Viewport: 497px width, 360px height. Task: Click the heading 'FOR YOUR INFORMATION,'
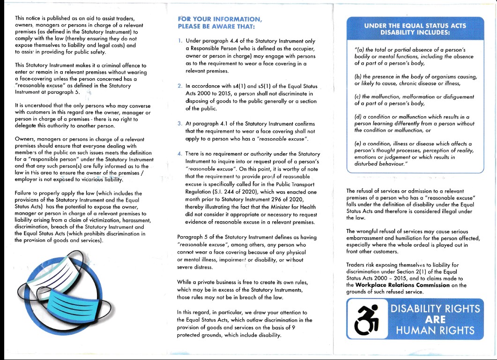(220, 19)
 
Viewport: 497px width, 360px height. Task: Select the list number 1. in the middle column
(180, 41)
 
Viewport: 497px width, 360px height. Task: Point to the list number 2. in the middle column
(180, 86)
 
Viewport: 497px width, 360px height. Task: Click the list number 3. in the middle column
(180, 123)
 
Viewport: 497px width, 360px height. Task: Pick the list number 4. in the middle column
(180, 154)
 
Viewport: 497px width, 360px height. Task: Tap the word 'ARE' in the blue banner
(436, 320)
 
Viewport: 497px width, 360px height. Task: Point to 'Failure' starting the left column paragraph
(23, 193)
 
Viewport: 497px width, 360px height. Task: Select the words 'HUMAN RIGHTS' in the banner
(436, 330)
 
